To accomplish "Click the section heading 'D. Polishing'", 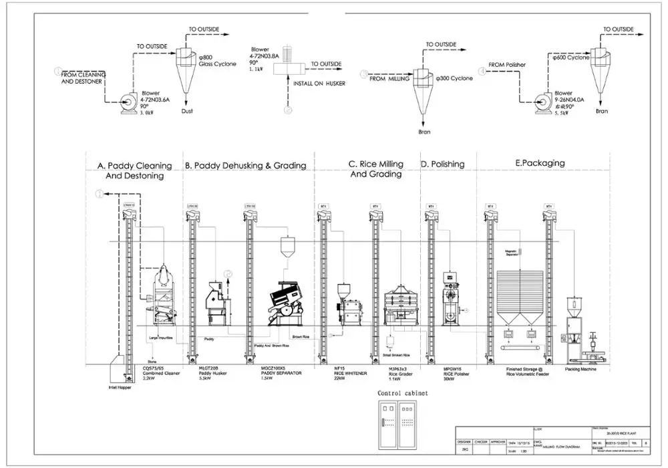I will (x=442, y=164).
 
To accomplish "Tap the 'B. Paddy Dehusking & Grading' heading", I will (x=245, y=165).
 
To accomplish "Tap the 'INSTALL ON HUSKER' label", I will (x=319, y=84).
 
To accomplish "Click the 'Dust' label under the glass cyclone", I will (x=187, y=111).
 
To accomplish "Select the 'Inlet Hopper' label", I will (x=118, y=387).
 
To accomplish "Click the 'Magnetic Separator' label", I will (x=512, y=253).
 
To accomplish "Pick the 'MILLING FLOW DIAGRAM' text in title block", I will (x=562, y=446).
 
